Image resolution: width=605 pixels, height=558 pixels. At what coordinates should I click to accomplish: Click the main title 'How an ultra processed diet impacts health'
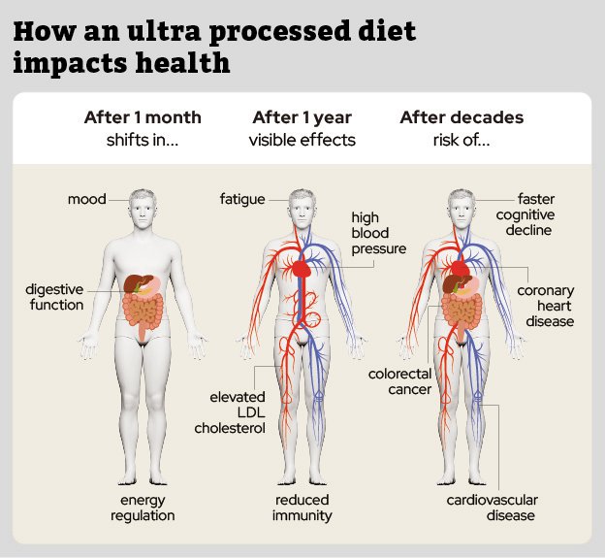[215, 47]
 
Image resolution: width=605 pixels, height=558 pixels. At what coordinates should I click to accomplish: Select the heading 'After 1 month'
[143, 117]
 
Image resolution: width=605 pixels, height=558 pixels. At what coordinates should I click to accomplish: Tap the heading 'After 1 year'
[302, 117]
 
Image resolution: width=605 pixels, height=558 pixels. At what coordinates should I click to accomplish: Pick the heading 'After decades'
[462, 117]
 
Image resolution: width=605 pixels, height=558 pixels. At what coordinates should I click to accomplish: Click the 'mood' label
[86, 200]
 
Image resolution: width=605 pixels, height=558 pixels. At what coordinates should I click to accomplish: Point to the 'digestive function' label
[54, 297]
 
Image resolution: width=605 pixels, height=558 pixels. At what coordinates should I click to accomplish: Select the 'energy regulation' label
[143, 508]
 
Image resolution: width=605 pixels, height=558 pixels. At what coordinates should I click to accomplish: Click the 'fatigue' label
[241, 200]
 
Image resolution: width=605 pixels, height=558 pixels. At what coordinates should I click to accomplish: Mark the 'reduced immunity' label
[302, 508]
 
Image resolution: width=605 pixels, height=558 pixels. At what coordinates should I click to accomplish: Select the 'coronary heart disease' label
[545, 305]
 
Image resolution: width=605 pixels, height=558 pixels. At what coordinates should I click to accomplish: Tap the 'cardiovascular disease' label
[492, 508]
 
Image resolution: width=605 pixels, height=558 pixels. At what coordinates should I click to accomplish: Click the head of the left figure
[143, 206]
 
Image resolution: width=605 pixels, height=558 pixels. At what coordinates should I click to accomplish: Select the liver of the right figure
[454, 286]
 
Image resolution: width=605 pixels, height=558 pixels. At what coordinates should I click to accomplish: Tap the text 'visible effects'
[302, 140]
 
